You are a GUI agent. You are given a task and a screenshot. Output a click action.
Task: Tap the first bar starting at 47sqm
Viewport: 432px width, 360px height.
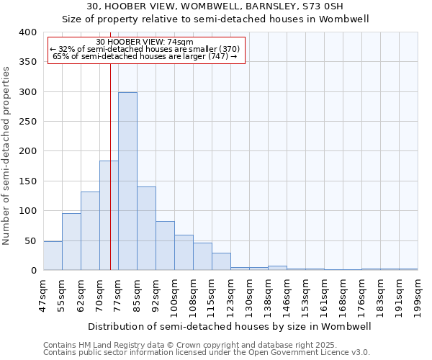53,256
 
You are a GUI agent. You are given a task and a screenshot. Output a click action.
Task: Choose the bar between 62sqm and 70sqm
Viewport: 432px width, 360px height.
90,231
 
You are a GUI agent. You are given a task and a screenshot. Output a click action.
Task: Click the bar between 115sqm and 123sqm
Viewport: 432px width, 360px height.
221,262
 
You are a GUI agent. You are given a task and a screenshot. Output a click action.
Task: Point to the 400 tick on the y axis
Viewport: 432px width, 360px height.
27,32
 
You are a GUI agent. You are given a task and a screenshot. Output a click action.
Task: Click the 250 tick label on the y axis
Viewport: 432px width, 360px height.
27,122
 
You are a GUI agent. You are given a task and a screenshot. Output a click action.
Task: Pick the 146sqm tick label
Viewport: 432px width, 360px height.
287,296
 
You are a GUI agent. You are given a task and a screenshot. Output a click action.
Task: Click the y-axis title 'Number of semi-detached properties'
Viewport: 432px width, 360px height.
6,155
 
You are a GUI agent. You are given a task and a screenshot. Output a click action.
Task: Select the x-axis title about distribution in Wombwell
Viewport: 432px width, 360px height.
230,326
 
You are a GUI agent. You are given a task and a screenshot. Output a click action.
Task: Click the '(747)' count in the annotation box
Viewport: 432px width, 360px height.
216,56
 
